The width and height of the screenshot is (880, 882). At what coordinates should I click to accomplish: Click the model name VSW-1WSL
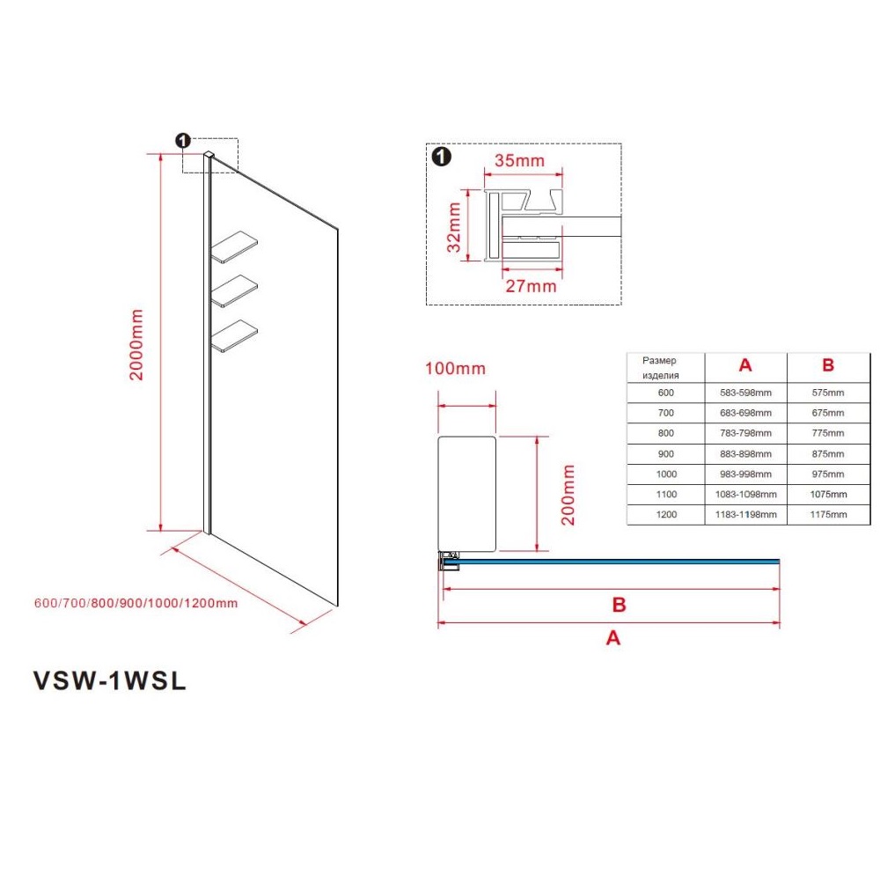pyautogui.click(x=110, y=680)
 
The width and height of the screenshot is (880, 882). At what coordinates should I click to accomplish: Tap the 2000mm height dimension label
pyautogui.click(x=136, y=344)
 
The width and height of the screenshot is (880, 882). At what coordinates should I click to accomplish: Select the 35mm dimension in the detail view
pyautogui.click(x=519, y=160)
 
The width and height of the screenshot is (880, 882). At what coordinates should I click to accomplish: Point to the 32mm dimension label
pyautogui.click(x=454, y=227)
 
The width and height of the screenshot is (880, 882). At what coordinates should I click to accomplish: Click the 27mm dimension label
pyautogui.click(x=531, y=286)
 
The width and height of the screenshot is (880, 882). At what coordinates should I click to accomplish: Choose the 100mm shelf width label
pyautogui.click(x=455, y=369)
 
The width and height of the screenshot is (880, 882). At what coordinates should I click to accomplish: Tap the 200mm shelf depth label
pyautogui.click(x=568, y=495)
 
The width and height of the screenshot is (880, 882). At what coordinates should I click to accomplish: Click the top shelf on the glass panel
pyautogui.click(x=234, y=246)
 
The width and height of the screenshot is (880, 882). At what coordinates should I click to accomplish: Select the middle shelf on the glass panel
pyautogui.click(x=234, y=290)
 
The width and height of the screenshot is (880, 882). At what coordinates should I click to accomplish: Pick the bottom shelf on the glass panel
pyautogui.click(x=234, y=336)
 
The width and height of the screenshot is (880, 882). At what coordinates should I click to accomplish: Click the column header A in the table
pyautogui.click(x=745, y=365)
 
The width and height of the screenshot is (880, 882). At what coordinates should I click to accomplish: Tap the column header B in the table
pyautogui.click(x=828, y=365)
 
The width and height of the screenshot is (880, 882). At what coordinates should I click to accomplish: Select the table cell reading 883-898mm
pyautogui.click(x=745, y=454)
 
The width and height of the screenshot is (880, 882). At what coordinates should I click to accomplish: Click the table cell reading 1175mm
pyautogui.click(x=828, y=514)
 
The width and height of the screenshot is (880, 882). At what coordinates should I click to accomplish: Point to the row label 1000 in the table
pyautogui.click(x=666, y=474)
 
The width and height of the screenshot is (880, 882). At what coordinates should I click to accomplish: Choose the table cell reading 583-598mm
pyautogui.click(x=745, y=393)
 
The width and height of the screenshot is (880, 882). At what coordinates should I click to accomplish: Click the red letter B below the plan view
pyautogui.click(x=619, y=605)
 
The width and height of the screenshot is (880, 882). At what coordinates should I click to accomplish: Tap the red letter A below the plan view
pyautogui.click(x=612, y=638)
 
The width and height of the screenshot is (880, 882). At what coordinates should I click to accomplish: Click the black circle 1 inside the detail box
pyautogui.click(x=442, y=157)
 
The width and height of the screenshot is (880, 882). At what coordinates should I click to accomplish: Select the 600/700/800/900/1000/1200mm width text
pyautogui.click(x=136, y=603)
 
